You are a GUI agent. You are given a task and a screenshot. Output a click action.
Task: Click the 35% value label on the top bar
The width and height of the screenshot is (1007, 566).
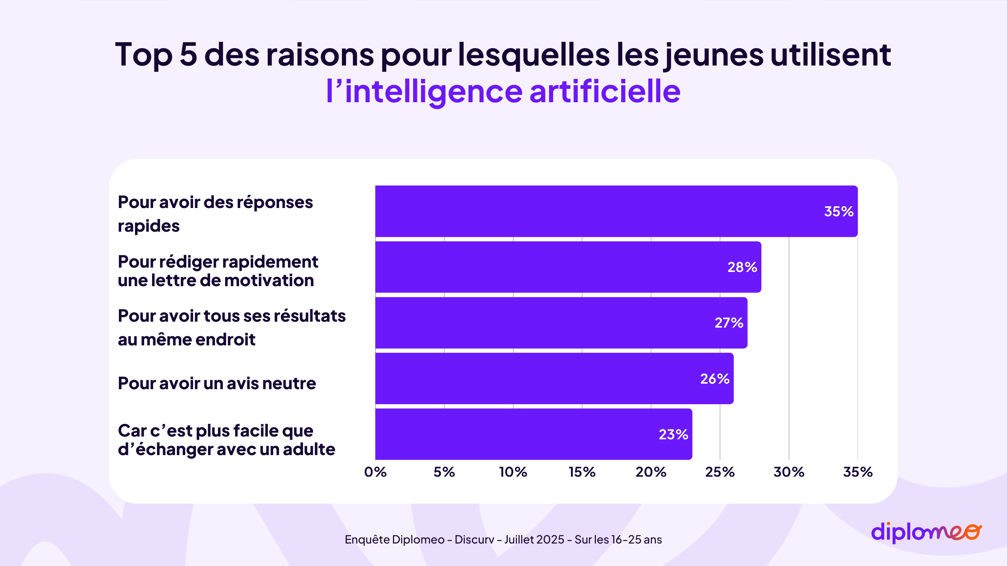[838, 212]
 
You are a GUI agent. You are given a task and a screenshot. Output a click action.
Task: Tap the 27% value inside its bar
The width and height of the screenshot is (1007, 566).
[729, 323]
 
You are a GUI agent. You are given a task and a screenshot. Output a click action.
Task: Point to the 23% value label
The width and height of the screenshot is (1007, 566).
[673, 435]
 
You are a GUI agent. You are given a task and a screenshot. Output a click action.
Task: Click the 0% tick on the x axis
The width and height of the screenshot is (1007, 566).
[375, 472]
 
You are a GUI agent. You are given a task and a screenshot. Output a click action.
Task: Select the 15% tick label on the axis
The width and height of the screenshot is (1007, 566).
[582, 472]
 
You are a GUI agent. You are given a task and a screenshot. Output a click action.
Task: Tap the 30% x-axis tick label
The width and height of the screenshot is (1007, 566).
[789, 472]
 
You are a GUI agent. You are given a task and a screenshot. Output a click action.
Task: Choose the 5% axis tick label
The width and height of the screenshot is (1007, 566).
[444, 472]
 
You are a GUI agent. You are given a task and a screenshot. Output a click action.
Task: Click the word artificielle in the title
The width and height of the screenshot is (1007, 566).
[605, 92]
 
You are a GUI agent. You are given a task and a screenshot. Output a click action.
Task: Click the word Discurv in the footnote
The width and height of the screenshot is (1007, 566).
[474, 540]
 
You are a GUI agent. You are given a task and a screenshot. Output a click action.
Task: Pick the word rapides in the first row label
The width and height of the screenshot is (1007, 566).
[148, 226]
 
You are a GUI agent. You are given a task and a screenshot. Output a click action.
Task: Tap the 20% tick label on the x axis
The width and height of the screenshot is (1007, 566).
[651, 472]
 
